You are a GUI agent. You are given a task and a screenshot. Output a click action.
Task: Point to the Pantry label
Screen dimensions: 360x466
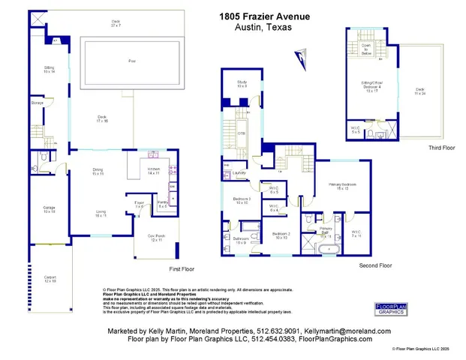[x=161, y=205]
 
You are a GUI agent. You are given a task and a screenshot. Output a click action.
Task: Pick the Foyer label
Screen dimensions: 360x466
[x=139, y=203]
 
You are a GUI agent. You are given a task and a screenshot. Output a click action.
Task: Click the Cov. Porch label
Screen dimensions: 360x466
[x=155, y=239]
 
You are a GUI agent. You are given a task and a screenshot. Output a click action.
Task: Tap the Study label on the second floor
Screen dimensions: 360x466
[x=242, y=83]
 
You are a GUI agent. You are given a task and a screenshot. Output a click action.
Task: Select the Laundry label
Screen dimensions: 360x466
[x=240, y=173]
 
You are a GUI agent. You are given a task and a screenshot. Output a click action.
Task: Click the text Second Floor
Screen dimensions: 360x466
[x=375, y=265]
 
